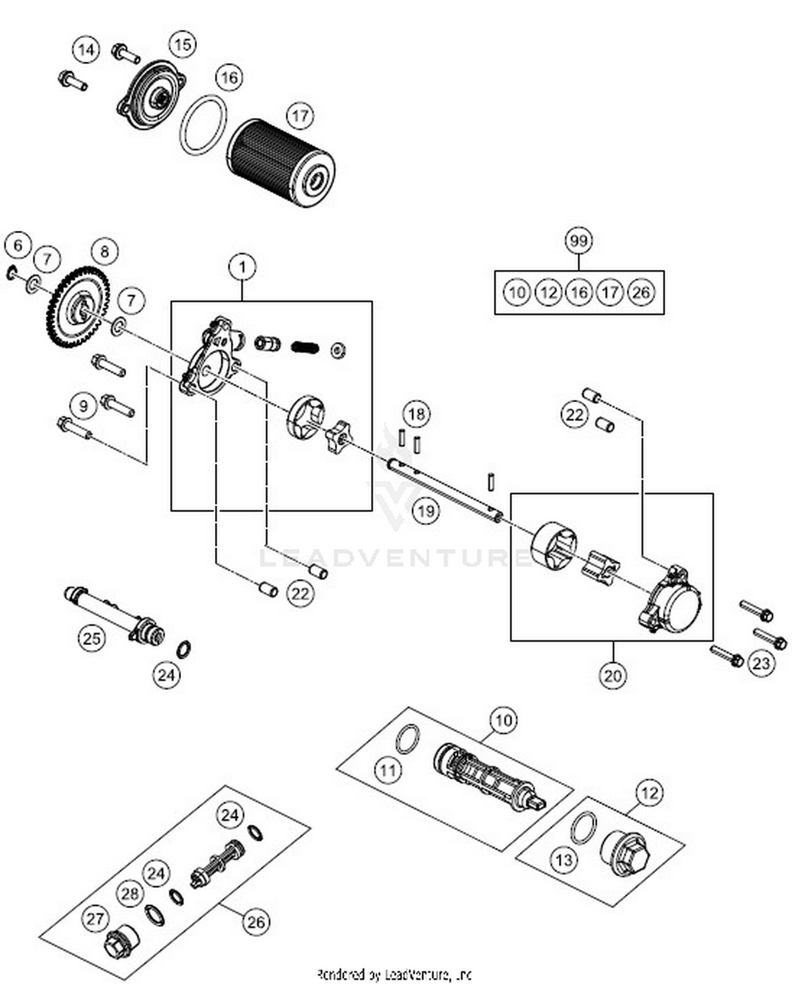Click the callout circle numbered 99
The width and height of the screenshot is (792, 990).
pos(579,241)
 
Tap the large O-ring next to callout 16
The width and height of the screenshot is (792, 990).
pos(203,125)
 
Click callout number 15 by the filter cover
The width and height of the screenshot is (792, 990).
pos(182,44)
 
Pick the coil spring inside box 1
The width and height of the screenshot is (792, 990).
pos(305,347)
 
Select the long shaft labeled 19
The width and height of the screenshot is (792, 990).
pos(444,489)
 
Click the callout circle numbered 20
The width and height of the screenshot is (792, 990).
pos(612,675)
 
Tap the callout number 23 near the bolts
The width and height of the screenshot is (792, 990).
pos(761,663)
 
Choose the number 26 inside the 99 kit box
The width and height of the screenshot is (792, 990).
pos(641,292)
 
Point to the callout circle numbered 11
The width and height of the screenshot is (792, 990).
pos(388,770)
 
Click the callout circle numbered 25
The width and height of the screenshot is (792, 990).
pos(92,638)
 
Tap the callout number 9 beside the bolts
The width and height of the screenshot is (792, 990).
pos(83,406)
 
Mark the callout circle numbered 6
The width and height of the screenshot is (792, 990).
pos(18,246)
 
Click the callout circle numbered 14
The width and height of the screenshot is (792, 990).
pos(86,50)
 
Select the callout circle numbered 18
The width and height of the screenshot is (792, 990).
pos(417,414)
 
